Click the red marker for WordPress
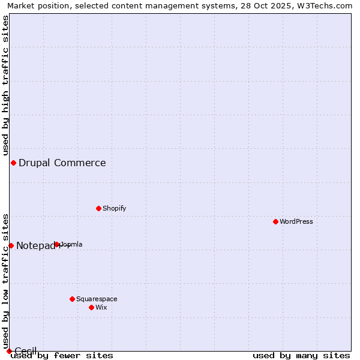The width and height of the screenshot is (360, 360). click(275, 221)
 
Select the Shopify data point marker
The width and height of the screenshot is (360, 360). click(98, 208)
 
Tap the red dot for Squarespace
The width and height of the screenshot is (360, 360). click(72, 299)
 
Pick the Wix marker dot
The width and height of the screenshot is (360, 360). click(91, 307)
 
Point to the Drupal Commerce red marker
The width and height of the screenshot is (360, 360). click(13, 163)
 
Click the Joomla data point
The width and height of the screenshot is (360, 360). click(57, 244)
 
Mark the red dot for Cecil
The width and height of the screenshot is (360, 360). click(9, 350)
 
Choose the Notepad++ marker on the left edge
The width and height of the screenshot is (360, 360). click(11, 245)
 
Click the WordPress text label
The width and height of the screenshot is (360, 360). click(296, 221)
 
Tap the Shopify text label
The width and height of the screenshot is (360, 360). click(114, 208)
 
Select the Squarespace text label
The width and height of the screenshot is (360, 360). click(97, 299)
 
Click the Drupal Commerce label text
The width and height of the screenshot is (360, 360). click(62, 163)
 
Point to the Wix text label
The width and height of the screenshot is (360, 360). click(101, 307)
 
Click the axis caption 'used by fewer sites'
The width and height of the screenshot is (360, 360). click(62, 355)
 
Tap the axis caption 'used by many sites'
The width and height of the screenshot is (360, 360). click(301, 355)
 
